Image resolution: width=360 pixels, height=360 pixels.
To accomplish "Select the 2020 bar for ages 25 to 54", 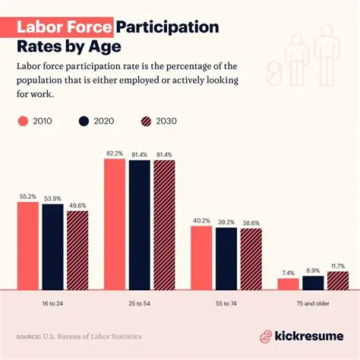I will coord(139,225).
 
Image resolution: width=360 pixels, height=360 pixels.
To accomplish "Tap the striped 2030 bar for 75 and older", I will coord(337,280).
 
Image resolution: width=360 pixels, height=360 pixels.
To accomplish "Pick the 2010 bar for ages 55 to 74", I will coord(201,257).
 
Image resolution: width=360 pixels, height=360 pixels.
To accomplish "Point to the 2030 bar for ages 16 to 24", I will coord(77,250).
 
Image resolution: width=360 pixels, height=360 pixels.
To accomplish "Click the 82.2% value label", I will coord(115,153).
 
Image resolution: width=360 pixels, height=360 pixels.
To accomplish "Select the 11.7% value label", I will coord(338,266).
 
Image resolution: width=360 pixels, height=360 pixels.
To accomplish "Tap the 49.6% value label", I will coord(77,205).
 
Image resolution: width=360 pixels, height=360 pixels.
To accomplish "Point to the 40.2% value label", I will coord(201,221).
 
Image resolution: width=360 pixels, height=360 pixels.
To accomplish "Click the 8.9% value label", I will coord(313,270).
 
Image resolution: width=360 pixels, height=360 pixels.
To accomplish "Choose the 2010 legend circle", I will coord(24,121).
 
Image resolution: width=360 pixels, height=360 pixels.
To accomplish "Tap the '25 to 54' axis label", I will coord(140,302).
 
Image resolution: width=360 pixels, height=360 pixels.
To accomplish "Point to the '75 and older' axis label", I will coord(312,302).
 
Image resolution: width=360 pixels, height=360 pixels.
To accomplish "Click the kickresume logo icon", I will coord(266,336).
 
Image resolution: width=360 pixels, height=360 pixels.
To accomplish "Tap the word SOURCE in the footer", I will coord(30,336).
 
